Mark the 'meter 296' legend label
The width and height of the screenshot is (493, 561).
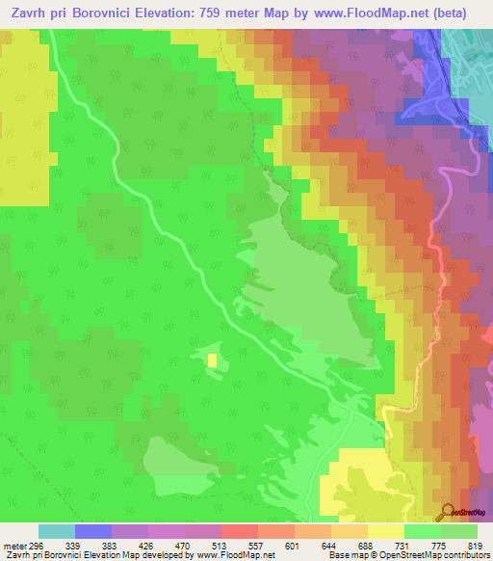coord(21,546)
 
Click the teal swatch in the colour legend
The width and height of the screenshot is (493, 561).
coord(56,531)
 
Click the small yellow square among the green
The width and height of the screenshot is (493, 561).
coord(212,361)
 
